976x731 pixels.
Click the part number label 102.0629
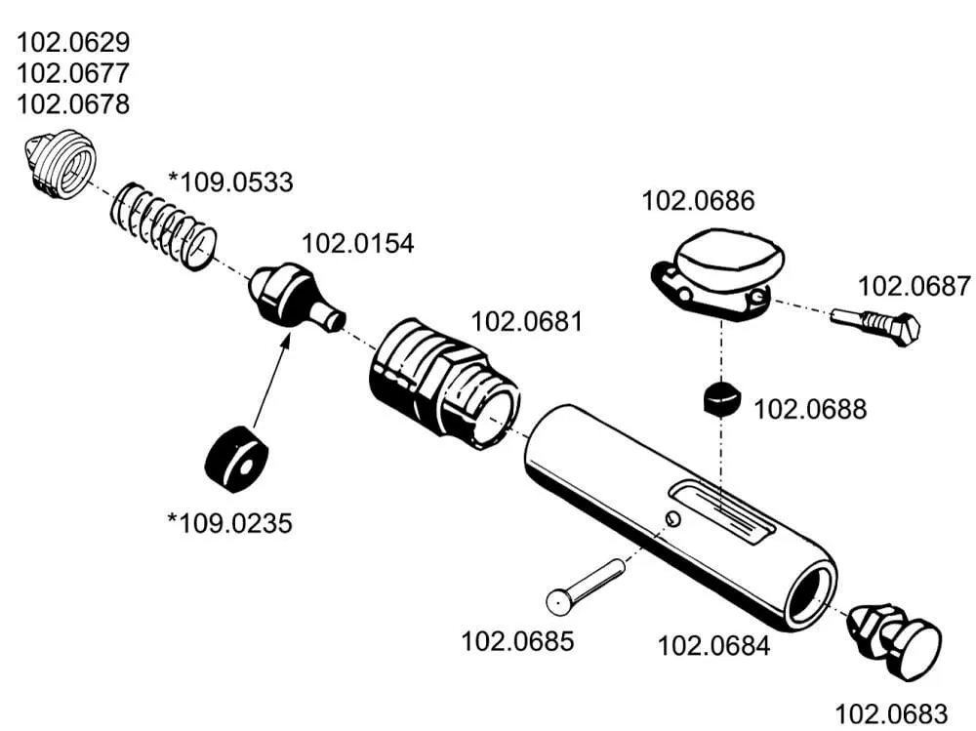(x=74, y=43)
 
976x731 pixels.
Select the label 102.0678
(x=74, y=104)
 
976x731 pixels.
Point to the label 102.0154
(x=357, y=244)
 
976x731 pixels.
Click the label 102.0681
(x=527, y=321)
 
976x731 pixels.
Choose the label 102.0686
(x=698, y=201)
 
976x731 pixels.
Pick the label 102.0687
(x=915, y=286)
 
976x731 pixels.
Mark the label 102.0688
(x=810, y=408)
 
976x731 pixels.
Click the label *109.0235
(x=229, y=523)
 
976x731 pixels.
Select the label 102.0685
(x=517, y=641)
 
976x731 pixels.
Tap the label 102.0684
(x=713, y=645)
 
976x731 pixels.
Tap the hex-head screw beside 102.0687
(x=876, y=325)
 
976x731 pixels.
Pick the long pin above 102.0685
(x=586, y=585)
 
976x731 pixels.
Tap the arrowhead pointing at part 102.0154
(x=288, y=338)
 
